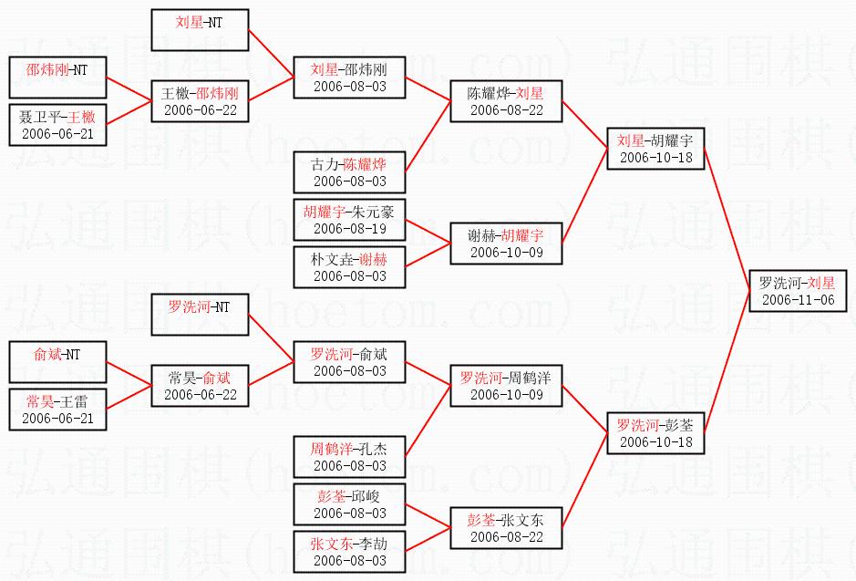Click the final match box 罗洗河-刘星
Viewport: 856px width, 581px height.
pos(797,291)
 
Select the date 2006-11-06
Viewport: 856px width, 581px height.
pos(798,300)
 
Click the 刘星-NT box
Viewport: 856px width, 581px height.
pos(200,30)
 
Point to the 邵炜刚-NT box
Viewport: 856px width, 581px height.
pos(57,78)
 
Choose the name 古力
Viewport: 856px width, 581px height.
pos(325,165)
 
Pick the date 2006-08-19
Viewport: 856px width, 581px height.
pos(349,229)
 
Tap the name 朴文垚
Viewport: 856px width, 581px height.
pos(325,259)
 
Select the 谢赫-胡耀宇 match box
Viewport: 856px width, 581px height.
pos(505,242)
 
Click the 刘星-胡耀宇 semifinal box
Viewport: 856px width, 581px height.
pos(655,148)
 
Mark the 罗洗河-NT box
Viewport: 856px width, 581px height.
pos(200,315)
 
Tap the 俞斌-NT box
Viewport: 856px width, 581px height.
pos(57,362)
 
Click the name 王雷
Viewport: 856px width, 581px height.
pos(77,401)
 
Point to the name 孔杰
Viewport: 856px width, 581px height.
pos(373,450)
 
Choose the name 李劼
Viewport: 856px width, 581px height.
pos(373,545)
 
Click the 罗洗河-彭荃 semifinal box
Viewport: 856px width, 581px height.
pos(655,432)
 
